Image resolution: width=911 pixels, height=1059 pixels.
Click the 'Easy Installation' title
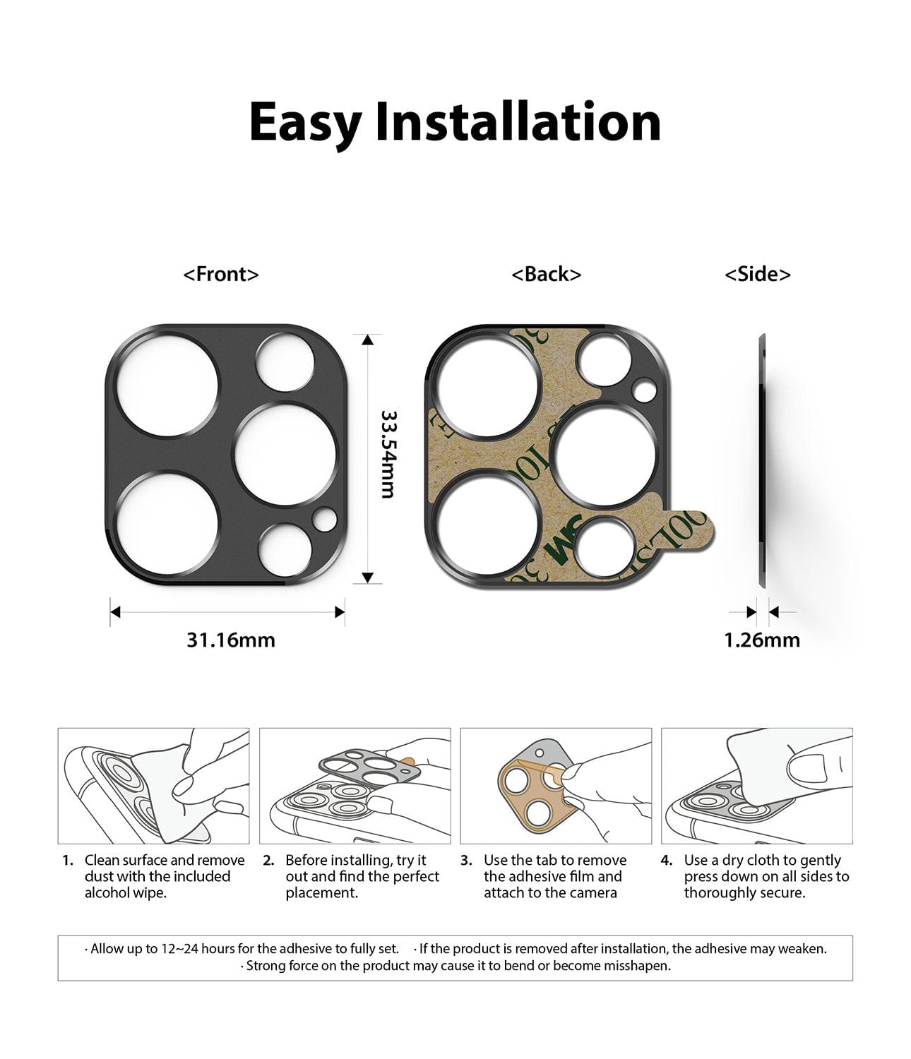[455, 123]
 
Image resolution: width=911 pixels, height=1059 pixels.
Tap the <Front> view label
[221, 274]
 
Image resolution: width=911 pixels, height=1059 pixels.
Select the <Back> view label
[546, 274]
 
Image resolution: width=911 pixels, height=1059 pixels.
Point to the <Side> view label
[757, 274]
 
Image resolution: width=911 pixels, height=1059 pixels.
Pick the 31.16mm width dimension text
[230, 640]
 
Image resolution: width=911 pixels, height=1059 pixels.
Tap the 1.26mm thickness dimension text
[761, 640]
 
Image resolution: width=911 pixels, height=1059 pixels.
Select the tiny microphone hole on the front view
[325, 520]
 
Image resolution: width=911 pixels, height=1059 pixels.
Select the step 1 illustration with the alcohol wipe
[153, 786]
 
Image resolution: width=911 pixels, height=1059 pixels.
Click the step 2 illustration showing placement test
[355, 786]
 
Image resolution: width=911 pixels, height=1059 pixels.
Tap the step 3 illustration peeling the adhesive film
[556, 786]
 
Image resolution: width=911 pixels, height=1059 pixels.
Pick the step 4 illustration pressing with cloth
[756, 786]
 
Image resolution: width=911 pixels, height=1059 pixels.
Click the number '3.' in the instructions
[466, 860]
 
